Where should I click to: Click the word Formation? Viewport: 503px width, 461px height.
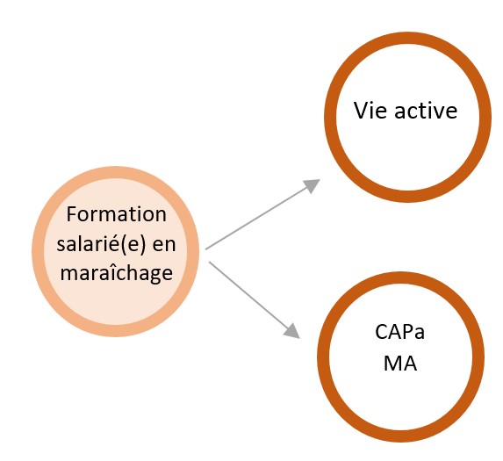tap(117, 214)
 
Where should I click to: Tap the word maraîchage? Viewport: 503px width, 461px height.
tap(117, 273)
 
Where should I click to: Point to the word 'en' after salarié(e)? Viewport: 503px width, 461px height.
tap(164, 245)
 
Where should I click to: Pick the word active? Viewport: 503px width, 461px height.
tap(426, 111)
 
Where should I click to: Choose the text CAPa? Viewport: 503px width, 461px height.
tap(399, 332)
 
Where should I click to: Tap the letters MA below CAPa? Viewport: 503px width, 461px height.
tap(400, 364)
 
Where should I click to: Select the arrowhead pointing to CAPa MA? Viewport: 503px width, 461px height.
tap(292, 331)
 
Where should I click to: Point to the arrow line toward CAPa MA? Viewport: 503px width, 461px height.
tap(255, 300)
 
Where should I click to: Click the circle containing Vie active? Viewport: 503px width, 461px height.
tap(407, 38)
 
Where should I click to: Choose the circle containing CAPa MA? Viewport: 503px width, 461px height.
tap(400, 277)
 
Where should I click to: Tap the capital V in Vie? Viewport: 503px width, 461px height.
tap(361, 111)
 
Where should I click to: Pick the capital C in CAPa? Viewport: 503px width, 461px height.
tap(382, 332)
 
